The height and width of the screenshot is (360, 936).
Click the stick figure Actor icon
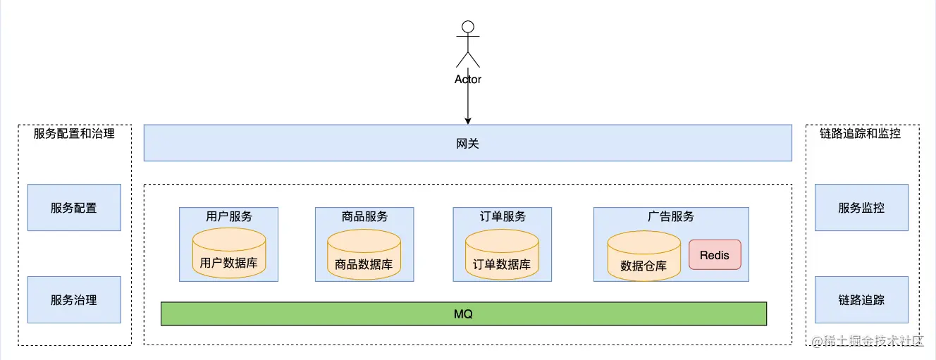click(x=467, y=44)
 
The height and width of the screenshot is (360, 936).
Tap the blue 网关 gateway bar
click(x=467, y=143)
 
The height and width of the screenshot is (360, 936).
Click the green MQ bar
click(x=463, y=314)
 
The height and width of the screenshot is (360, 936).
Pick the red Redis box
click(x=715, y=254)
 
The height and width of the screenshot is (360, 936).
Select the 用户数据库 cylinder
click(x=229, y=254)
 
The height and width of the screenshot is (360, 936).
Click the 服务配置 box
click(x=74, y=208)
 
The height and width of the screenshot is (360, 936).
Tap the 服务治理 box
click(x=74, y=299)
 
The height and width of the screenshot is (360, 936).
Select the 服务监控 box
click(x=861, y=208)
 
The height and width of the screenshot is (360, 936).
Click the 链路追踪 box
click(x=861, y=299)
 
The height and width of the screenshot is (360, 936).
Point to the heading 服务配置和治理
click(x=74, y=133)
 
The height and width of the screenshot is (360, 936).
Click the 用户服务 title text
click(x=229, y=216)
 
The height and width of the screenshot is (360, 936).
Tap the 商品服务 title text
click(x=364, y=216)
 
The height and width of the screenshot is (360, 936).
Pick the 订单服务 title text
click(x=503, y=216)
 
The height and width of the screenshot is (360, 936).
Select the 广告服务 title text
click(x=671, y=216)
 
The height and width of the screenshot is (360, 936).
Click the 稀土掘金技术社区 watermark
click(x=867, y=342)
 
